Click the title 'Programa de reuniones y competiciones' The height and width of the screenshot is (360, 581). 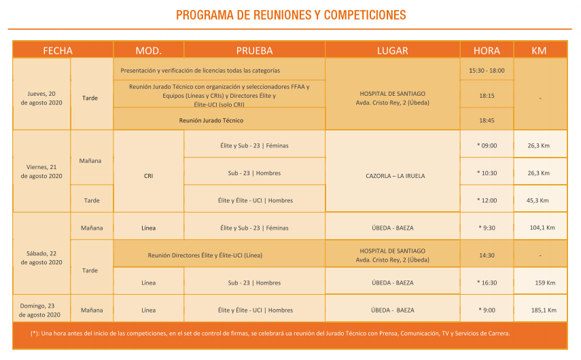[290, 15]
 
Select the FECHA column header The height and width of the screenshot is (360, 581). [58, 50]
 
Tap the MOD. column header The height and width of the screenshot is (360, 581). [148, 50]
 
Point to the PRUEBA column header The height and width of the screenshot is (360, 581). [254, 50]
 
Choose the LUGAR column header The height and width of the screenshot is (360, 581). [392, 50]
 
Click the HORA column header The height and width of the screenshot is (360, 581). [487, 50]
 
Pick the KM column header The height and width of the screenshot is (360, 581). [539, 50]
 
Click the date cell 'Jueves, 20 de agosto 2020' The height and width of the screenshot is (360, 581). [41, 98]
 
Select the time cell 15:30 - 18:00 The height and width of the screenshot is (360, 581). [487, 71]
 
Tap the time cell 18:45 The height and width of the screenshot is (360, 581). [487, 120]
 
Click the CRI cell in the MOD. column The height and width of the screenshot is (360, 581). [148, 175]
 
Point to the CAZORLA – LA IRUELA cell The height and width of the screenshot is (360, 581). [392, 175]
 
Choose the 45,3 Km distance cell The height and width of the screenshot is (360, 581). [539, 200]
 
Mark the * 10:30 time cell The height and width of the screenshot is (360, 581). [487, 173]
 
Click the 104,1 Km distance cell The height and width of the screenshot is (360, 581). [542, 228]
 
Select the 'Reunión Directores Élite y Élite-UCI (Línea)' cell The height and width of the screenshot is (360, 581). [205, 255]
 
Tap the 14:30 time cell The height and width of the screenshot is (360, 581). [487, 255]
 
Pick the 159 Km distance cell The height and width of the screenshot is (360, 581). [544, 283]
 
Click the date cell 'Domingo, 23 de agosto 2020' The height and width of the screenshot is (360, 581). [39, 310]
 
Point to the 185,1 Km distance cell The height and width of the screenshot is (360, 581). [544, 310]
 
